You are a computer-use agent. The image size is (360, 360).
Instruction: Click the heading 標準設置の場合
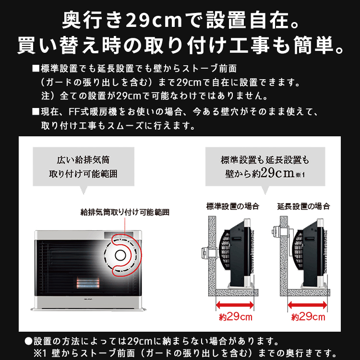pyautogui.click(x=232, y=206)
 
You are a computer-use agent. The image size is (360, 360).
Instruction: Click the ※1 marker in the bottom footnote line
pyautogui.click(x=38, y=352)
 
